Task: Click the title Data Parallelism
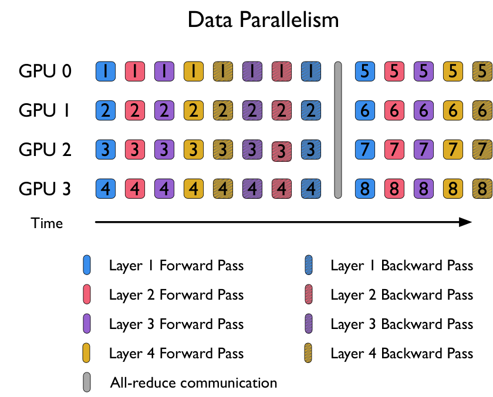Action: pyautogui.click(x=263, y=20)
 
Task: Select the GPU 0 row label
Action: pyautogui.click(x=45, y=71)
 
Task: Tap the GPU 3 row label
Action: pyautogui.click(x=45, y=189)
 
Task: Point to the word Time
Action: pyautogui.click(x=46, y=223)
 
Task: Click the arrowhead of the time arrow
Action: pyautogui.click(x=465, y=222)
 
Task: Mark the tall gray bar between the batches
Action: pyautogui.click(x=338, y=130)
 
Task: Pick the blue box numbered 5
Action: pyautogui.click(x=364, y=72)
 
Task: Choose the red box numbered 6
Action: pyautogui.click(x=394, y=110)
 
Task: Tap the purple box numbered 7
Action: pyautogui.click(x=424, y=150)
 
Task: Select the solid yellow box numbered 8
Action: pyautogui.click(x=453, y=189)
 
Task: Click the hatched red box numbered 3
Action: pyautogui.click(x=281, y=151)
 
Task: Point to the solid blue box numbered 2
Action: pyautogui.click(x=106, y=110)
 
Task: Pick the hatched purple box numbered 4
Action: pyautogui.click(x=252, y=189)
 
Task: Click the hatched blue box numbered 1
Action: pyautogui.click(x=311, y=72)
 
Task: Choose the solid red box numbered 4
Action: pyautogui.click(x=135, y=189)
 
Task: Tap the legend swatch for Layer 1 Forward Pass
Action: pyautogui.click(x=87, y=265)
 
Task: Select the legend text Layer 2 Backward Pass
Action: pyautogui.click(x=402, y=295)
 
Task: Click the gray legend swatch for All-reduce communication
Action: pyautogui.click(x=87, y=382)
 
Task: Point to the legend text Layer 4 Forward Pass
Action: pyautogui.click(x=177, y=354)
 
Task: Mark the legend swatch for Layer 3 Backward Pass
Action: pyautogui.click(x=309, y=324)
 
